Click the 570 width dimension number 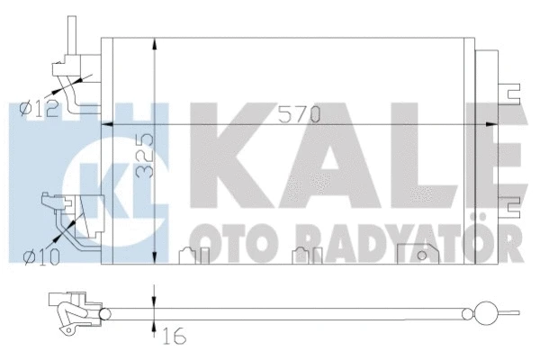pyautogui.click(x=300, y=114)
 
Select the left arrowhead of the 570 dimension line pyautogui.click(x=107, y=124)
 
